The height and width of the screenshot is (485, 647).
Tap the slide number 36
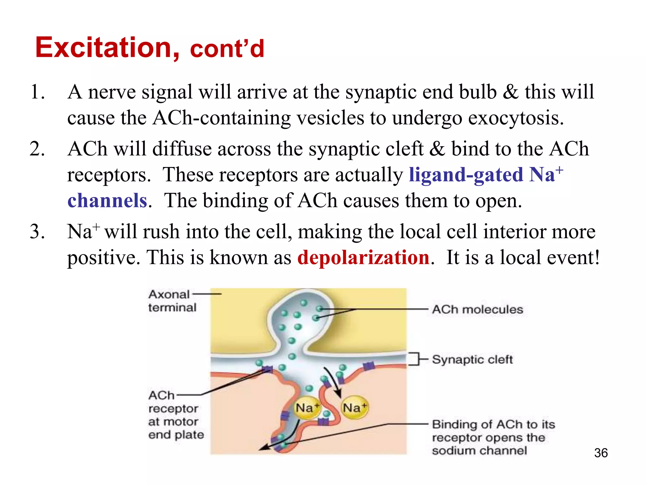[601, 453]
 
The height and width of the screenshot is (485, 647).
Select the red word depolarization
[363, 257]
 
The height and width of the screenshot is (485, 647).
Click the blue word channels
[107, 201]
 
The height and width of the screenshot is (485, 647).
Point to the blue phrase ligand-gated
[466, 175]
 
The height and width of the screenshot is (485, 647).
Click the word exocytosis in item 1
[516, 118]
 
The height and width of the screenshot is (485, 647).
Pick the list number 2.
[37, 149]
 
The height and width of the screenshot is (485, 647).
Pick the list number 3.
[37, 231]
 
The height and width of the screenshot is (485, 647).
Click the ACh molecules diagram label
[477, 309]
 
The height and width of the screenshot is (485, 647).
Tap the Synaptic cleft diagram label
[472, 359]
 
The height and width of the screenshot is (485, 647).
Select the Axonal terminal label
[172, 301]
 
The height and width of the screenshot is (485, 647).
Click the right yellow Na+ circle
[355, 408]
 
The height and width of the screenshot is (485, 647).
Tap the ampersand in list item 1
[510, 92]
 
